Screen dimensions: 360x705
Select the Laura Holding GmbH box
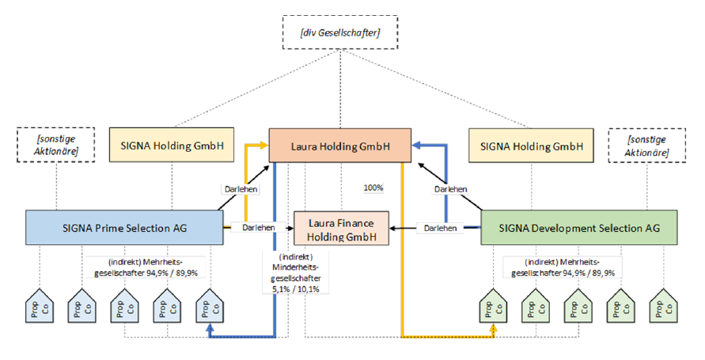click(x=340, y=146)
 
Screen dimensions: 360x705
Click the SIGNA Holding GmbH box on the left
click(x=172, y=146)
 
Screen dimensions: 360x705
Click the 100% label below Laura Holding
click(x=373, y=188)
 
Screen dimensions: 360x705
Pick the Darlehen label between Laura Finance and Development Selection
click(x=440, y=228)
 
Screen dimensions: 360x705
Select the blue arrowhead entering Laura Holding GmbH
click(x=417, y=145)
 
